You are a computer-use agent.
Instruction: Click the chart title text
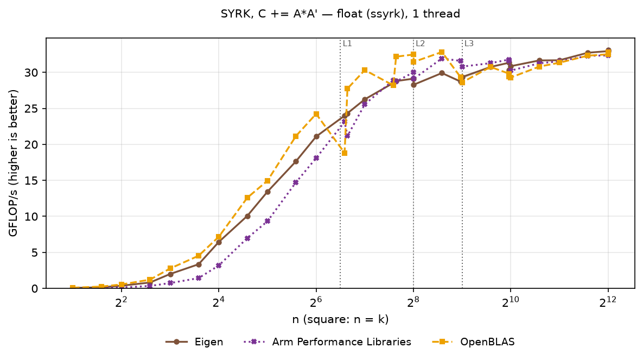[340, 14]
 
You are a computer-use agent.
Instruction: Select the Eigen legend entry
[194, 342]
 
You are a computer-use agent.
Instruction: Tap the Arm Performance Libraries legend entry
[327, 342]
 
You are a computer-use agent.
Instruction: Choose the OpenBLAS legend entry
[473, 342]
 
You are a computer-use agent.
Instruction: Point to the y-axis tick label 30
[32, 73]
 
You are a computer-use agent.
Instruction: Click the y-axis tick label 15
[32, 181]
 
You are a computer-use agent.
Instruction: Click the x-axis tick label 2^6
[316, 302]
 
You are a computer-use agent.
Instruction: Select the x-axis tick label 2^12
[608, 302]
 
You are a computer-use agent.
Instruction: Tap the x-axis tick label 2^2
[121, 302]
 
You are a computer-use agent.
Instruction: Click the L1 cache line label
[347, 43]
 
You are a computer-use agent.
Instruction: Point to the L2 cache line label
[421, 43]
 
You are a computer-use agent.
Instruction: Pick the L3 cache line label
[469, 43]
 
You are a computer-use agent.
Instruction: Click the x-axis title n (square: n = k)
[340, 319]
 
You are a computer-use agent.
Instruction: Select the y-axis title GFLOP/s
[14, 163]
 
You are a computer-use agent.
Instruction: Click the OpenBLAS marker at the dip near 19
[345, 153]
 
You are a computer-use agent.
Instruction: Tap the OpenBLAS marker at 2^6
[316, 114]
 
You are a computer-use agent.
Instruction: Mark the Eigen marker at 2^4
[219, 242]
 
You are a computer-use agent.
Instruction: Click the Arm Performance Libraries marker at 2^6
[316, 158]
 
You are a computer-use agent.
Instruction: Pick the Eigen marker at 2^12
[608, 51]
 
